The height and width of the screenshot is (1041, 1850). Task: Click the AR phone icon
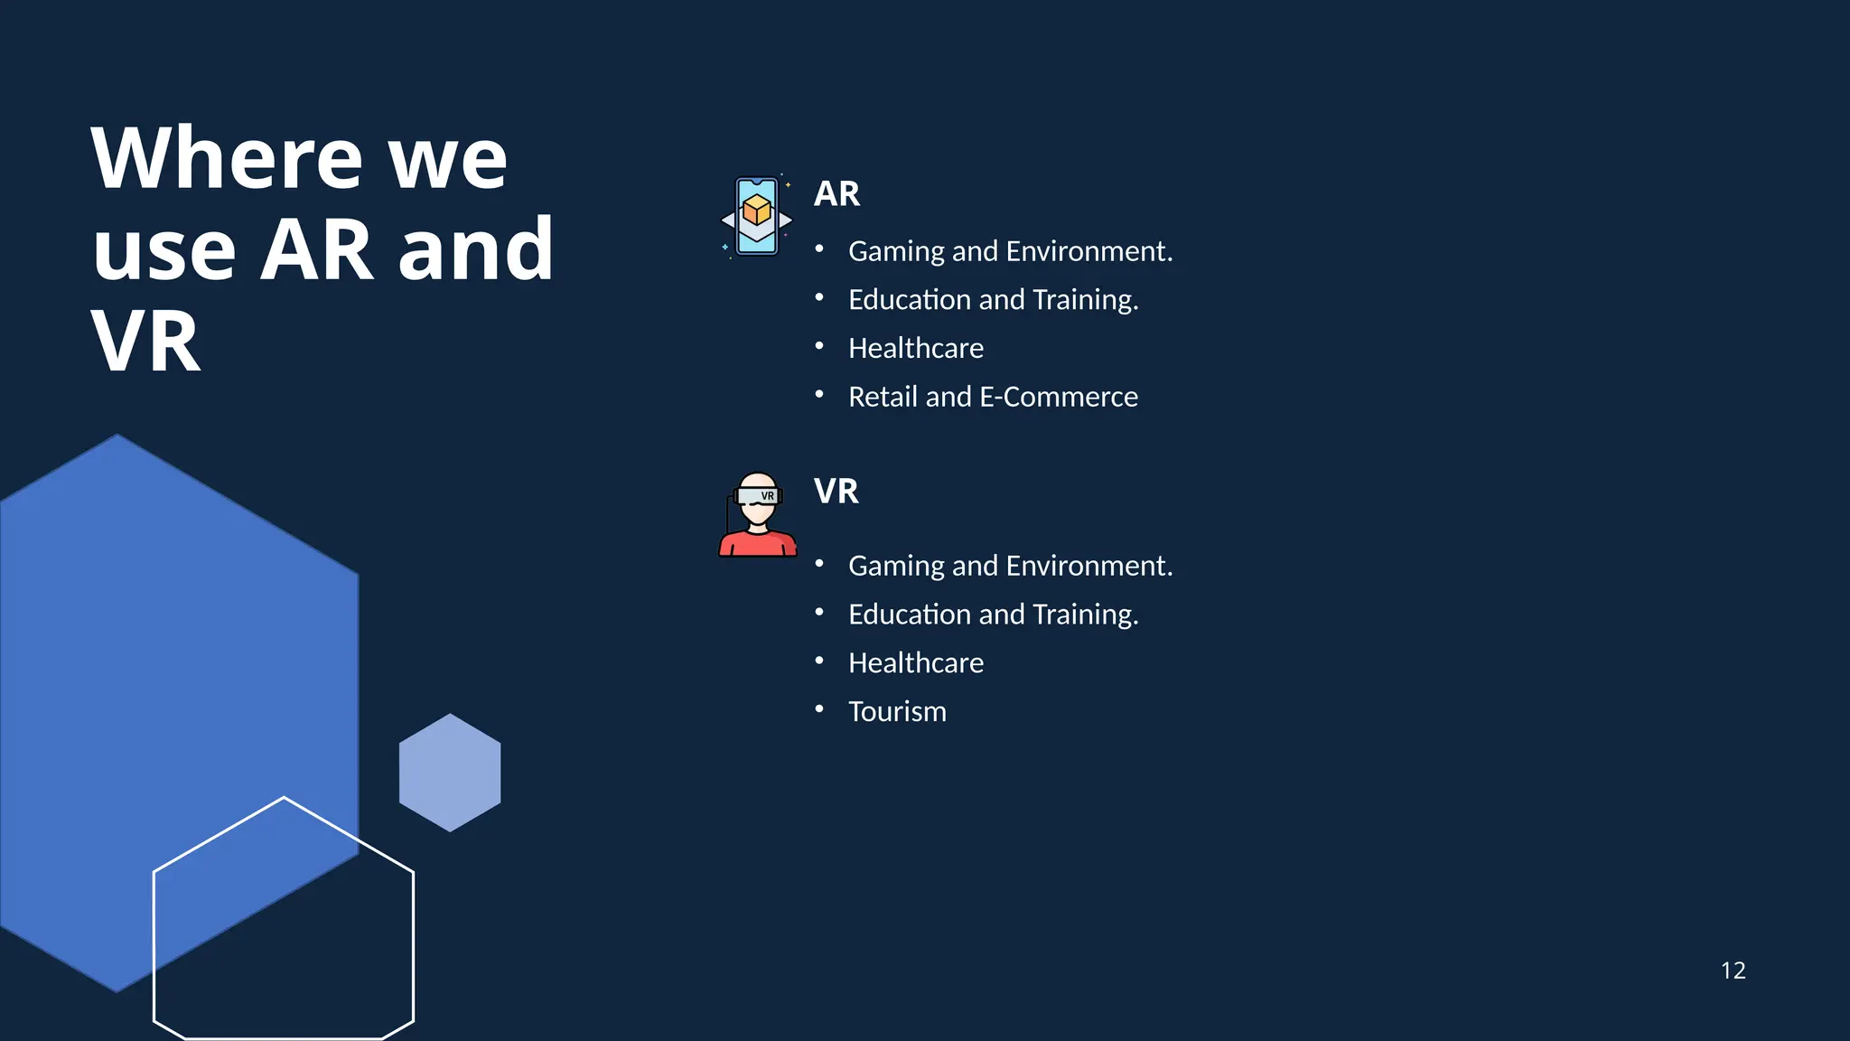point(757,217)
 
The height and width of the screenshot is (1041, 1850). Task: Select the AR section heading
point(836,193)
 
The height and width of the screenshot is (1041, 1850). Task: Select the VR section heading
point(836,491)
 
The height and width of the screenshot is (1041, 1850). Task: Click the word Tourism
point(897,712)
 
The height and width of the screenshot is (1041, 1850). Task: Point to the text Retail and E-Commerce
point(993,397)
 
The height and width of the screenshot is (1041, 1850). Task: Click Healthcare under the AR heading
point(916,348)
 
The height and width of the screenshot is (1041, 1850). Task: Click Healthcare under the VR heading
point(916,663)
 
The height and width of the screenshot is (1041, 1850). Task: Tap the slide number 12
point(1733,971)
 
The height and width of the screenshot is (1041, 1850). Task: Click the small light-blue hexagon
point(450,773)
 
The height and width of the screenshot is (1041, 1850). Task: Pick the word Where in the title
point(226,159)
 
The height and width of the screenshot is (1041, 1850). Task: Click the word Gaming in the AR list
point(896,251)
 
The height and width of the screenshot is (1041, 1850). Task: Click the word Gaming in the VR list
point(896,567)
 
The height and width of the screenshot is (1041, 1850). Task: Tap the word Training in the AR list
point(1084,300)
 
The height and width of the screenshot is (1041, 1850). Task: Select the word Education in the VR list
point(910,614)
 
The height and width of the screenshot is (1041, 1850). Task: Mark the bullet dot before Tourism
point(819,709)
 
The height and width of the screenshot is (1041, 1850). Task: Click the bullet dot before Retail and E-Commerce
point(819,394)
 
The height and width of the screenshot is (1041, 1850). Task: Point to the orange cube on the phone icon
point(757,211)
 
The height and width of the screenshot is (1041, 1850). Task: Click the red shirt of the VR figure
point(757,545)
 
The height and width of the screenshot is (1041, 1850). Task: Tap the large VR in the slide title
point(146,342)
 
